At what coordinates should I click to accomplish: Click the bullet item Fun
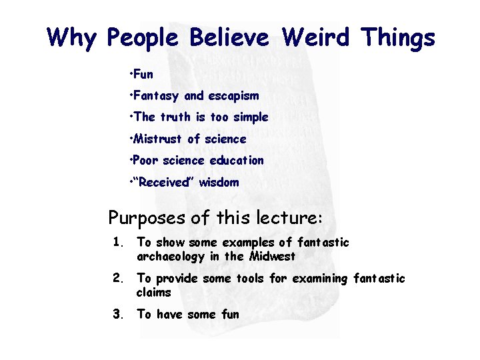coord(143,75)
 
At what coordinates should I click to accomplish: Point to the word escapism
coord(233,96)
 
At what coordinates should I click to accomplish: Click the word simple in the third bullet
coord(249,117)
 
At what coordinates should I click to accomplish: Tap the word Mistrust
coord(157,139)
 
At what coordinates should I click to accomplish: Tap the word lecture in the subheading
coord(289,218)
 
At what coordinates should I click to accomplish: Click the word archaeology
coord(171,257)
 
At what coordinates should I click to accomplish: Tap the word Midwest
coord(272,257)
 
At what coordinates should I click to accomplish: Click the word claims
coord(154,293)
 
